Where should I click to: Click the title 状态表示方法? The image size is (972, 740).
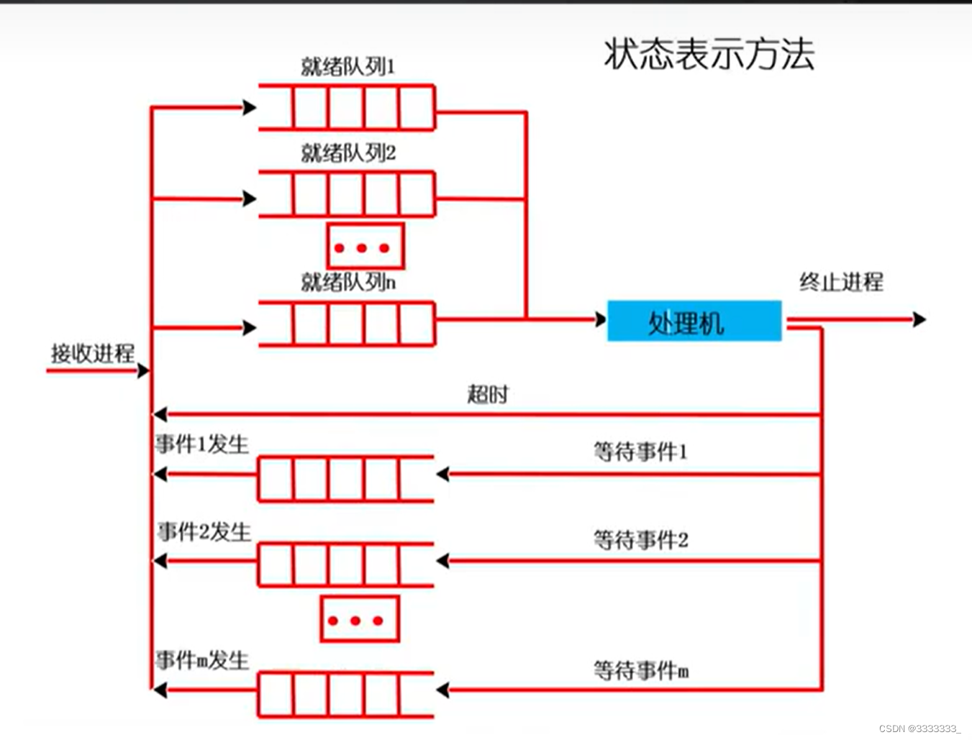pos(709,54)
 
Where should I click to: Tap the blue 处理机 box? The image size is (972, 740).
pos(694,321)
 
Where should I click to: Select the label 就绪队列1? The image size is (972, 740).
pos(348,67)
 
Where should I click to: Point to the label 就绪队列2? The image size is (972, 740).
pos(348,153)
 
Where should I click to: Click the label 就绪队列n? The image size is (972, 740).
pos(348,282)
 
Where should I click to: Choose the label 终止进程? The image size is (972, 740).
pos(841,281)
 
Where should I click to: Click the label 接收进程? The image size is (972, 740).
pos(93,353)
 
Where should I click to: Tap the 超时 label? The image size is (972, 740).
pos(488,394)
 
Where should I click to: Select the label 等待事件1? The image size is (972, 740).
pos(640,452)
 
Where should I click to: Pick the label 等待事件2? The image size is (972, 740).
pos(640,539)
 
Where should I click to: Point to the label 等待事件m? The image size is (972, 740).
pos(640,670)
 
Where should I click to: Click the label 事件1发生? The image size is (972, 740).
pos(202,444)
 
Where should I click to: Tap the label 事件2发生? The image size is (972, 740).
pos(204,532)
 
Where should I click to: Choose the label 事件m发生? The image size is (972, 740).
pos(202,660)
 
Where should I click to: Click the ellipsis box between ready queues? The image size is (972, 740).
pos(365,247)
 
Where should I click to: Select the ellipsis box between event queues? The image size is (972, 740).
pos(359,619)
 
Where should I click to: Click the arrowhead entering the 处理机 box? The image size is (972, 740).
pos(601,319)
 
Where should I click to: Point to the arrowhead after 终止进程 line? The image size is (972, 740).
pos(919,319)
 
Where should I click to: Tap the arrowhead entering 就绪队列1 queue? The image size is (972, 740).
pos(250,108)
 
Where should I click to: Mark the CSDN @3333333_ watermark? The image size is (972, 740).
pos(919,728)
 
